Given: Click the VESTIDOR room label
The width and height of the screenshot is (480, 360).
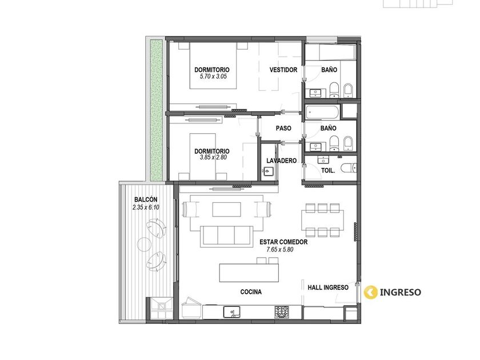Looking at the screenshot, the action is (283, 70).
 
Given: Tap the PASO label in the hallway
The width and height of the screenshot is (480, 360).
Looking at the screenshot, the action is (283, 128).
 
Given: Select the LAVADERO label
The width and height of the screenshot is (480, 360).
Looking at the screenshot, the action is (281, 161).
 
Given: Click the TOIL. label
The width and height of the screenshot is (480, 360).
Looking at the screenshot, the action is (328, 170).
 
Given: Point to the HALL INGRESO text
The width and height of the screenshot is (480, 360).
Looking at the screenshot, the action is (328, 287).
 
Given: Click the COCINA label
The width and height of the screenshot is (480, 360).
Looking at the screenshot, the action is (251, 292).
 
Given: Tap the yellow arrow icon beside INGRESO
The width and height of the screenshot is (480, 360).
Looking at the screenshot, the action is (371, 292).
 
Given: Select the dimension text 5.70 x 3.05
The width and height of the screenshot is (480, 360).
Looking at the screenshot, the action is (213, 77).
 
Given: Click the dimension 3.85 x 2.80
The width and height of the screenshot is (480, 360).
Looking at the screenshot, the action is (213, 157).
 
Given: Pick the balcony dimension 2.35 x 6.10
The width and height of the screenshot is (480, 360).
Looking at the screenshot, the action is (146, 207).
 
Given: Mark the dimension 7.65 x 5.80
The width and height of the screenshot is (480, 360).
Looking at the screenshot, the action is (280, 250).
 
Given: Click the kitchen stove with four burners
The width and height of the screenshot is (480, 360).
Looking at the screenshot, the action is (282, 311).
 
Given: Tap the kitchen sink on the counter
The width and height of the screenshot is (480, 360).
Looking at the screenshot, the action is (232, 312).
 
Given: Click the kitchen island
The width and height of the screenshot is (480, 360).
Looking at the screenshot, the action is (249, 273).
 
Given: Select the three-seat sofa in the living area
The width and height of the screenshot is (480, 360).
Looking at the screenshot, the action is (227, 237).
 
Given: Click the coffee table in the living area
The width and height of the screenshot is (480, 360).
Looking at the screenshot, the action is (226, 209).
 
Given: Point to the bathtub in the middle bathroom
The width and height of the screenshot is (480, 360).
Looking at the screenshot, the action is (322, 113).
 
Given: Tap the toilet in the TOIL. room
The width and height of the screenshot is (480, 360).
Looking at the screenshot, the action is (349, 167).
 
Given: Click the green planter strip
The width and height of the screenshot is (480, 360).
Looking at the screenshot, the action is (156, 110).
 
